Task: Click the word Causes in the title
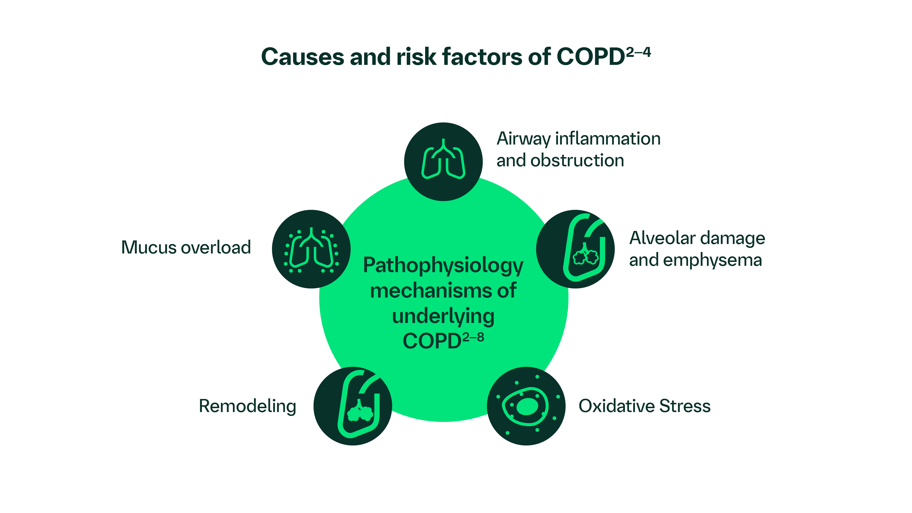pos(302,57)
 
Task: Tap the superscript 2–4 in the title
pos(638,52)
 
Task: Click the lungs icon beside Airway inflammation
pos(443,161)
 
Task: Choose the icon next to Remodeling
pos(353,406)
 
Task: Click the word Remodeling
pos(247,406)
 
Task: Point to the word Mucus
pos(148,247)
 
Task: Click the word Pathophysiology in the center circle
pos(443,266)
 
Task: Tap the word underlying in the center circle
pos(443,316)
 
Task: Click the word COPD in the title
pos(590,57)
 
